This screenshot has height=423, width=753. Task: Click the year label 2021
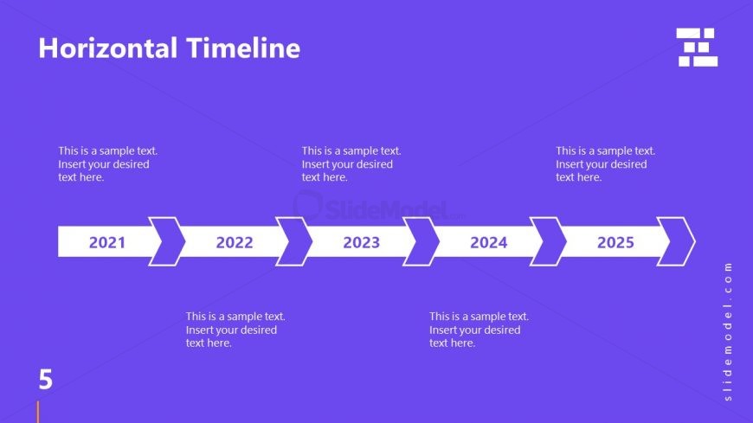point(107,242)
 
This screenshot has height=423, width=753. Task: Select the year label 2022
point(235,242)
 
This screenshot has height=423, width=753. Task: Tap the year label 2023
point(361,242)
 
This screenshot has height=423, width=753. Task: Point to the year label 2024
point(488,242)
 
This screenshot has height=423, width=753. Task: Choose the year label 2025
point(615,242)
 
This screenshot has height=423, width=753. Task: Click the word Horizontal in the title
point(106,48)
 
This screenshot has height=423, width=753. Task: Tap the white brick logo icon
point(697,47)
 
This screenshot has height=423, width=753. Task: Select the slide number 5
point(45,379)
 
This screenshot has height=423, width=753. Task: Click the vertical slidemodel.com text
point(728,331)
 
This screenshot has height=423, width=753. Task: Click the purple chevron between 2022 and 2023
point(295,241)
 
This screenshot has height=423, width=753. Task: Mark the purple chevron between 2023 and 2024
point(422,241)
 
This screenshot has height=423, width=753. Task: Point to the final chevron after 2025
point(677,241)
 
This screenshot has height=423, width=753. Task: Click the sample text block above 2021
point(107,163)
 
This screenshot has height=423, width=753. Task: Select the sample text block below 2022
point(235,330)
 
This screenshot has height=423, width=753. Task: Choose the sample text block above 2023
point(351,163)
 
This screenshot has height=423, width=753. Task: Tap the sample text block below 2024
point(479,330)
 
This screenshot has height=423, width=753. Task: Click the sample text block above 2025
point(605,163)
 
